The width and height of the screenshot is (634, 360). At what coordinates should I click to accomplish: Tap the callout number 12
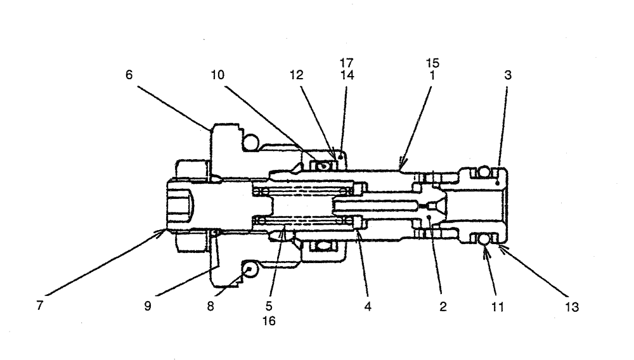point(297,74)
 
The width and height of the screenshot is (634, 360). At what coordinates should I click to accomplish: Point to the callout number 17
point(346,63)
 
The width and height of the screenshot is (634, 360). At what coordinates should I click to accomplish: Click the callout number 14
point(346,74)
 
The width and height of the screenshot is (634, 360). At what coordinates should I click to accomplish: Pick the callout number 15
point(433,63)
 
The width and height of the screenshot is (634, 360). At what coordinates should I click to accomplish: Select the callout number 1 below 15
point(433,74)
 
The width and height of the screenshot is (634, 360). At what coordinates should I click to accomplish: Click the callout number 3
point(508,74)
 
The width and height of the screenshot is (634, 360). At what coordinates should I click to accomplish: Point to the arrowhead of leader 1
point(399,169)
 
